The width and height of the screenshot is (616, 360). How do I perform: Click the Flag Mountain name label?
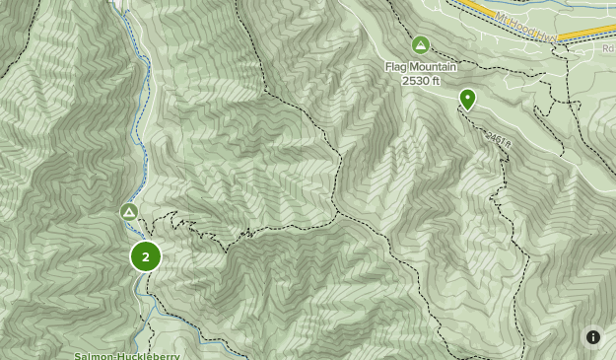point(421,67)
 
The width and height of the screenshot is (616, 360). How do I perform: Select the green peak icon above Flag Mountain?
point(421,45)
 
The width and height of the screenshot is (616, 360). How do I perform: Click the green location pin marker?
point(467,99)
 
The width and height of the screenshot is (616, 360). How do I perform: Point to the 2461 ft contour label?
point(499,142)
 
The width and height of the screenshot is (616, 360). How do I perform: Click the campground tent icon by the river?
point(129,212)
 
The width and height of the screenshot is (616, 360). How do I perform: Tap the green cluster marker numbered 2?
point(146,256)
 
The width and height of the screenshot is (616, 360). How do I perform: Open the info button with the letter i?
point(593,337)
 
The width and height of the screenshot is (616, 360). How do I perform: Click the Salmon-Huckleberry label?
point(114,355)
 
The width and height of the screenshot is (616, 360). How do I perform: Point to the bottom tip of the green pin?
point(467,108)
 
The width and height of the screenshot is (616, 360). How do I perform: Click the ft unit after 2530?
point(435,80)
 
